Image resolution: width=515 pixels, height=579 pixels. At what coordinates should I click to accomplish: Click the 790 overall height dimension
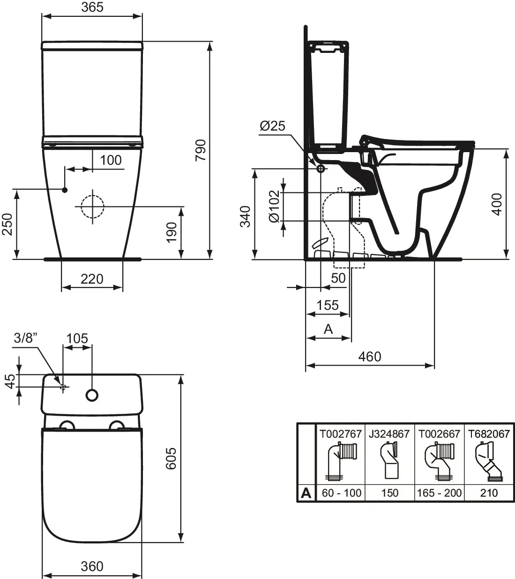[200, 150]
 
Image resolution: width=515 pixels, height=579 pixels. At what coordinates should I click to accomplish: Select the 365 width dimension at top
[92, 7]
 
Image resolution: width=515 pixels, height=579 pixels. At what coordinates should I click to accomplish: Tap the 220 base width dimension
[92, 279]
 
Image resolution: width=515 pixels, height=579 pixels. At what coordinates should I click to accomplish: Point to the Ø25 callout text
[272, 126]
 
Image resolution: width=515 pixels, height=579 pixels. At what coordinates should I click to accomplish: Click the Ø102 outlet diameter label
[274, 206]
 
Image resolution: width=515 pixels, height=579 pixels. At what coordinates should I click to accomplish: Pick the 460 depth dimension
[370, 357]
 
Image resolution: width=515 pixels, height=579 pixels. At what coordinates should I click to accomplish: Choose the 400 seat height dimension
[497, 205]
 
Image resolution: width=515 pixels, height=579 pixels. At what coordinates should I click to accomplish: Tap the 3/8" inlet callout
[26, 338]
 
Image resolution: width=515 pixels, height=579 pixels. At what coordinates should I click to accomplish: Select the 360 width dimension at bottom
[92, 566]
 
